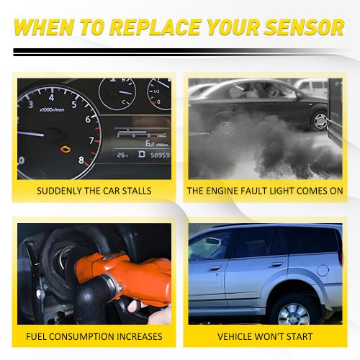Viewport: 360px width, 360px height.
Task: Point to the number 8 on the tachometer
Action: (x=81, y=161)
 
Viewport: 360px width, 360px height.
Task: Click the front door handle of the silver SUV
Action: (x=215, y=269)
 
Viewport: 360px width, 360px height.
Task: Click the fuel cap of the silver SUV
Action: (x=323, y=270)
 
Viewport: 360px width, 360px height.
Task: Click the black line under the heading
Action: (x=180, y=51)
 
